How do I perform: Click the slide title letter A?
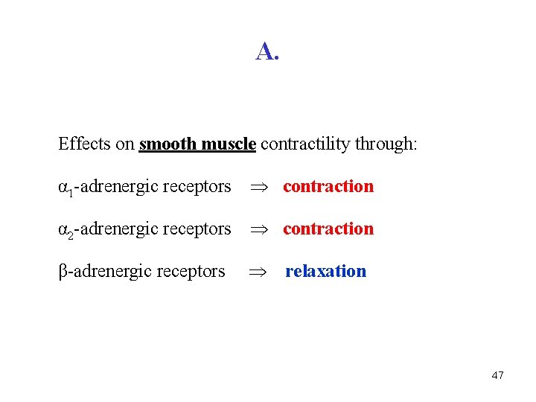[264, 51]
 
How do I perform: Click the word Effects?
[85, 144]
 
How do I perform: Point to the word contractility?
[306, 144]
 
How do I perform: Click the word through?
[386, 144]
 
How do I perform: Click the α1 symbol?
[65, 188]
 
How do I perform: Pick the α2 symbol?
[65, 230]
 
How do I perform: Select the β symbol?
[63, 272]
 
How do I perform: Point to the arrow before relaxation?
[257, 272]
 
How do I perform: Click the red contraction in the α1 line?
[328, 186]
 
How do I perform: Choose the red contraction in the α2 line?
[328, 229]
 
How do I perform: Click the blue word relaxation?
[326, 271]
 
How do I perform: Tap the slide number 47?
[498, 375]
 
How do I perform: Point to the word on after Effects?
[124, 144]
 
